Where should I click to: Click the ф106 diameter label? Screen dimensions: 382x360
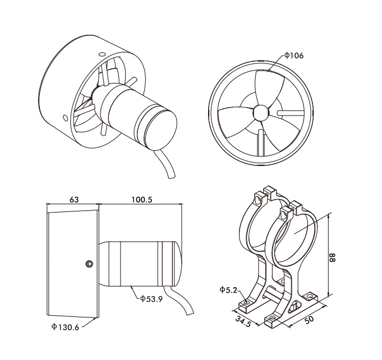click(x=294, y=56)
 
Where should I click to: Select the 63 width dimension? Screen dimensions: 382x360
click(x=74, y=200)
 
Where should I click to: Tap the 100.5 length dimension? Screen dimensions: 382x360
click(x=142, y=200)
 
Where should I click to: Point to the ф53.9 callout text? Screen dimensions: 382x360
click(x=151, y=299)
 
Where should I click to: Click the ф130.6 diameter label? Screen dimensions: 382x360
click(x=65, y=327)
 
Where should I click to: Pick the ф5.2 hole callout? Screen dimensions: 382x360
click(x=228, y=290)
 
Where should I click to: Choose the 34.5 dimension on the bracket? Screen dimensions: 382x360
click(x=243, y=321)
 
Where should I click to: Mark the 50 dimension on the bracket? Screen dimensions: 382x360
click(x=309, y=320)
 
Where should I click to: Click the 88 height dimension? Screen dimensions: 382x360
click(x=332, y=257)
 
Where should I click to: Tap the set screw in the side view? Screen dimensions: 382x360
click(x=89, y=264)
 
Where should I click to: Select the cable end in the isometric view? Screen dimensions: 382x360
click(x=172, y=176)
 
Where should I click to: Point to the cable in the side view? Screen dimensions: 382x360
click(x=179, y=301)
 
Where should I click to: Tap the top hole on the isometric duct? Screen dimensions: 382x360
click(x=102, y=54)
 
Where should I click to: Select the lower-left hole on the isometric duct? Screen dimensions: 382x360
click(x=65, y=118)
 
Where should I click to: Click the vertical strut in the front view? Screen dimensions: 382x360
click(x=261, y=143)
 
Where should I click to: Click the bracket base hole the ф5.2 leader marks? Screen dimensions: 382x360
click(x=246, y=302)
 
